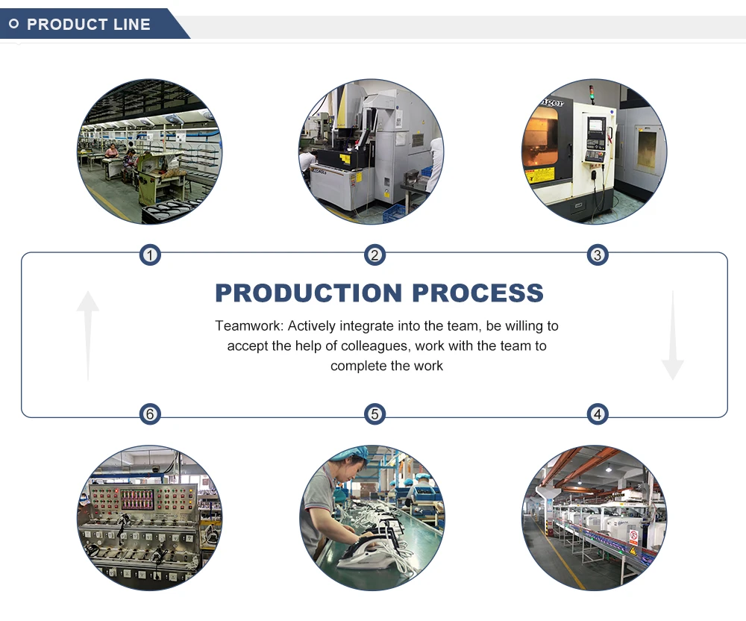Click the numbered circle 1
[x=151, y=256]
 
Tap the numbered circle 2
[x=374, y=256]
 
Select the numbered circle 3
[x=597, y=256]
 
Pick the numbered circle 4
[x=597, y=414]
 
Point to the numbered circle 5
[x=374, y=414]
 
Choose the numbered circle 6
[x=151, y=414]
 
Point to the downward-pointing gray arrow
[x=672, y=337]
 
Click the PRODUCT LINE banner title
[x=89, y=25]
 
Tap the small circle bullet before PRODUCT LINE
[x=13, y=25]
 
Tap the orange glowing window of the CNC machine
[x=540, y=138]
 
